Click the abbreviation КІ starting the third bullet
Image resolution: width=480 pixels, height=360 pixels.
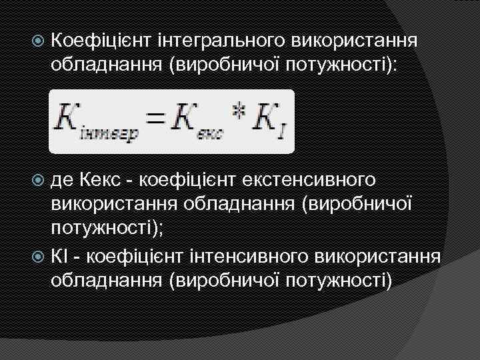pos(61,255)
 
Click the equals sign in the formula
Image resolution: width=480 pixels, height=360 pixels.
pos(155,119)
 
